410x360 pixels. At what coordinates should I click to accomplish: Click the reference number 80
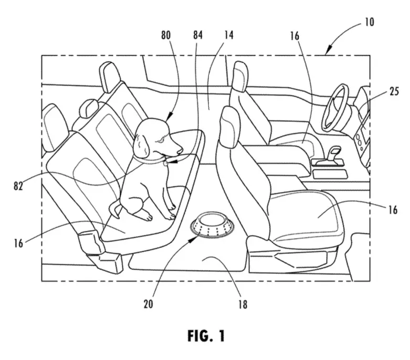(x=166, y=35)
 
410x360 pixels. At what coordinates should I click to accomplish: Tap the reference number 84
(x=197, y=35)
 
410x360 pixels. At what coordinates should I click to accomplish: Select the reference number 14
(x=228, y=35)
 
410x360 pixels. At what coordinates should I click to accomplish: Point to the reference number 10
(x=369, y=22)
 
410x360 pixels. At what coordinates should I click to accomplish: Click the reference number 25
(x=394, y=91)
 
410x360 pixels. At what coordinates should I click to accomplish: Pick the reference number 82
(x=18, y=186)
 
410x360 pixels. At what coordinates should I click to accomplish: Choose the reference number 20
(x=148, y=304)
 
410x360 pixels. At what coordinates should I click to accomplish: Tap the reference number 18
(x=243, y=304)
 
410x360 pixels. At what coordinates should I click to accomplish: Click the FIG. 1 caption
(x=206, y=336)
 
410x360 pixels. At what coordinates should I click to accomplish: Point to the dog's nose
(x=180, y=151)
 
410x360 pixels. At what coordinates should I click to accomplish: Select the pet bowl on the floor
(x=212, y=227)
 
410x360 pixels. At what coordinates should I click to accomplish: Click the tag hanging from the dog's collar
(x=165, y=163)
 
